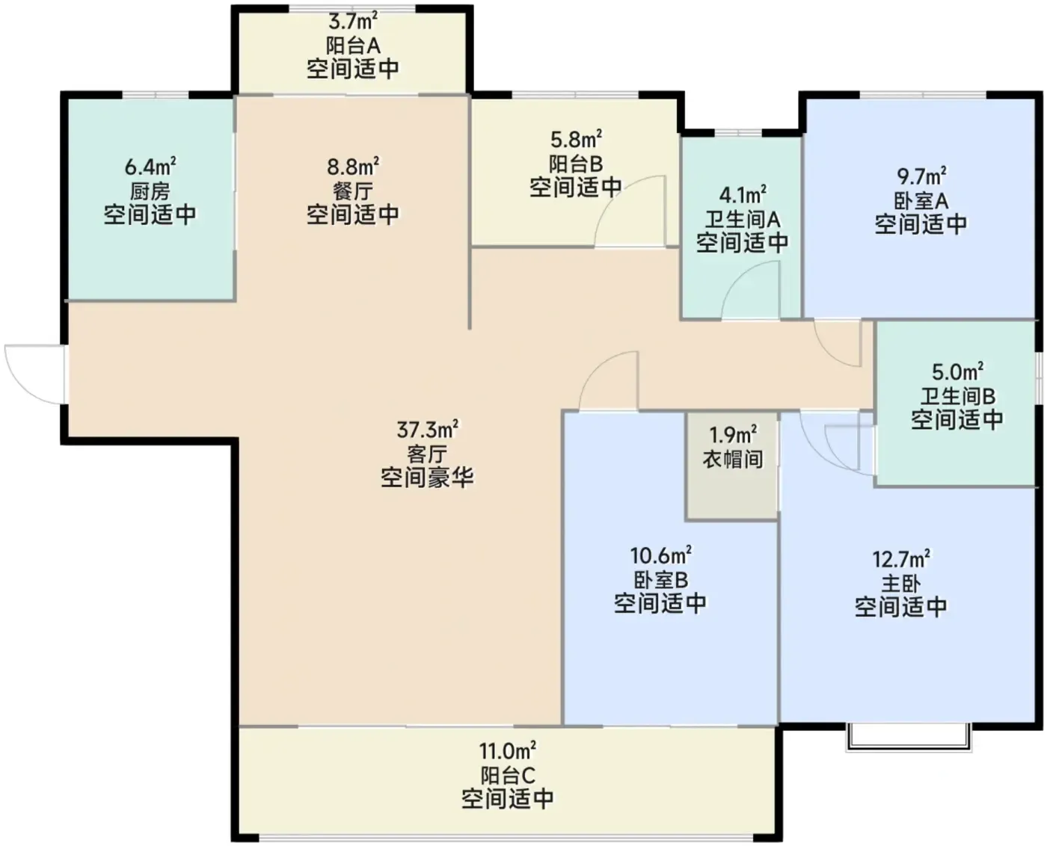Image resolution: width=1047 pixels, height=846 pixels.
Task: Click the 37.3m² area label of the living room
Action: coord(427,430)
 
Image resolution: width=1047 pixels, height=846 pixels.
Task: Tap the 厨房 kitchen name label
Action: coord(150,191)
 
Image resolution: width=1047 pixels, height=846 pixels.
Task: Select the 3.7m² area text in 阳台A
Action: coord(353,22)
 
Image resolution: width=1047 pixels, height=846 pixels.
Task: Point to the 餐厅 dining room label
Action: coord(353,191)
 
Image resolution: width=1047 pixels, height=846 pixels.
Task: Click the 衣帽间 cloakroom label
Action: coord(732,460)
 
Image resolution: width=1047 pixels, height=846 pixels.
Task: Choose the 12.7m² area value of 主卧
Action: coord(901,558)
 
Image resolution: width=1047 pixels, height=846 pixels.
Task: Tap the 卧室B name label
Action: coord(660,580)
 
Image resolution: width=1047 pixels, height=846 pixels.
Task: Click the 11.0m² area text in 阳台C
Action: coord(507,750)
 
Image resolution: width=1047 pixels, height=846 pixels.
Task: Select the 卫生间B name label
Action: coord(957,395)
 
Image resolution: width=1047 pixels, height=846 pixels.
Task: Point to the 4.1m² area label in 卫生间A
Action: coord(742,195)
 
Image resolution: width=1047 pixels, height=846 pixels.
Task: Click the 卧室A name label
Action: coord(921,200)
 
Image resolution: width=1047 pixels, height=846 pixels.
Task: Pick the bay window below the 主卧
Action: coord(909,736)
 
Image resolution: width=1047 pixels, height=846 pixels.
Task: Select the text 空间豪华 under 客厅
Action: coord(427,477)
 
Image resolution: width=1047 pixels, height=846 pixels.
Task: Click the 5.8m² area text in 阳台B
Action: coord(576,140)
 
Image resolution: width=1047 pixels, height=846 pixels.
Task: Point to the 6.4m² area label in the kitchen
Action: coord(150,167)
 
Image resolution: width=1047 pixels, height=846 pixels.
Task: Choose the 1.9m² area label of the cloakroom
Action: coord(732,435)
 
